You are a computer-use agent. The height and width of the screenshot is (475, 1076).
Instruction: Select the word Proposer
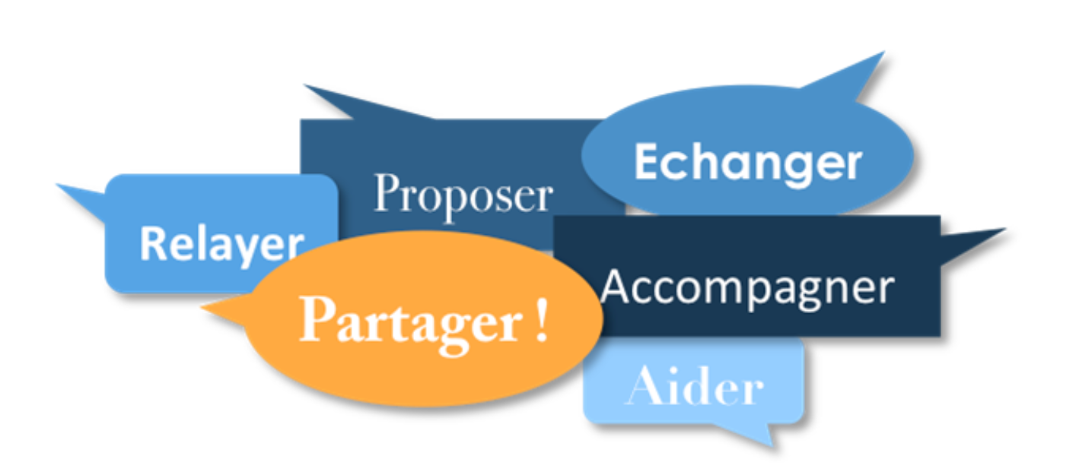(463, 195)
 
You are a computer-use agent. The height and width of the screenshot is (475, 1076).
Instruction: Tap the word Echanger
(747, 162)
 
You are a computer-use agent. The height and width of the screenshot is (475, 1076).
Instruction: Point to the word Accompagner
(747, 288)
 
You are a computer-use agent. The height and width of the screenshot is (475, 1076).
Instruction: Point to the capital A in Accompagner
(616, 287)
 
